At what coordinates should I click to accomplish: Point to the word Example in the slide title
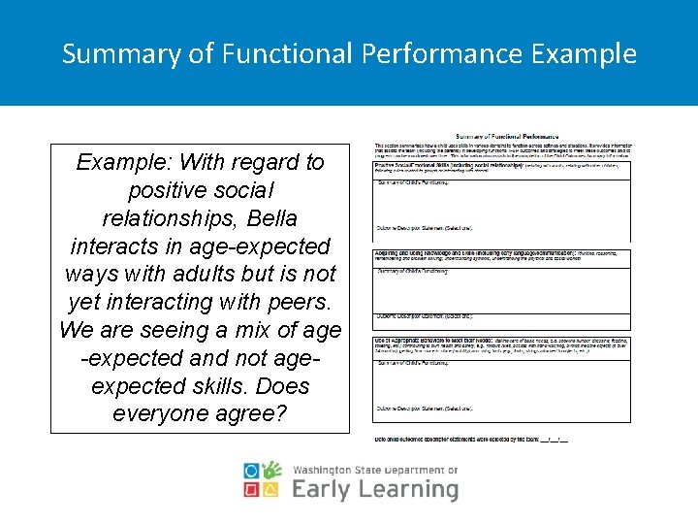click(x=585, y=53)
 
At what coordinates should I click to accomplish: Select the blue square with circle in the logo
click(x=251, y=472)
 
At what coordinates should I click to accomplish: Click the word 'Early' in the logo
click(x=321, y=489)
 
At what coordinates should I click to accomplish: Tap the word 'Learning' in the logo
click(x=406, y=489)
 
